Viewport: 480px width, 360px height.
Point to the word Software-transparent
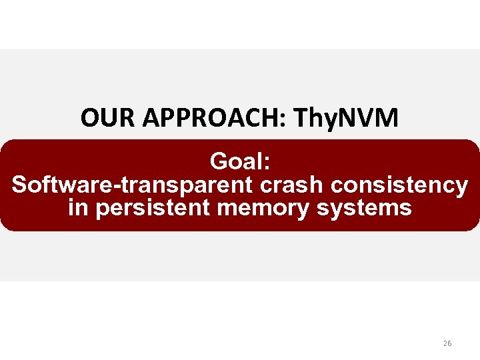pos(128,185)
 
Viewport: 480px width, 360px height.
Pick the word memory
pos(264,208)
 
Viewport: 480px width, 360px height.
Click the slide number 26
pos(447,343)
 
